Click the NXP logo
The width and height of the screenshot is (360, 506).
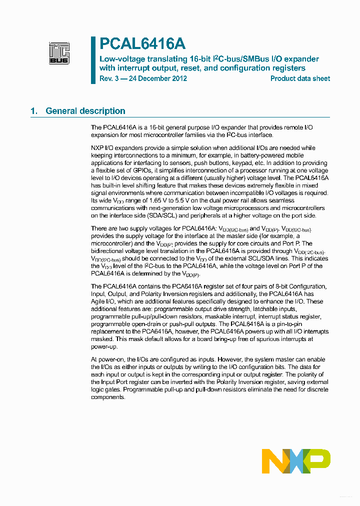(296, 461)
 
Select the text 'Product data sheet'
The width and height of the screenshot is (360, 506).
(300, 78)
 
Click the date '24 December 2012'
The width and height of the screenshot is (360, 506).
(158, 78)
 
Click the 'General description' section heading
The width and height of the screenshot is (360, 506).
(85, 111)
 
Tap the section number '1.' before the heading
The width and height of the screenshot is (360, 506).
(34, 111)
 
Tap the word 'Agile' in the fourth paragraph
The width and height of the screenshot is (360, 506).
(98, 301)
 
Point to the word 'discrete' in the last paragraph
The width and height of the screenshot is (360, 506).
(313, 389)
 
